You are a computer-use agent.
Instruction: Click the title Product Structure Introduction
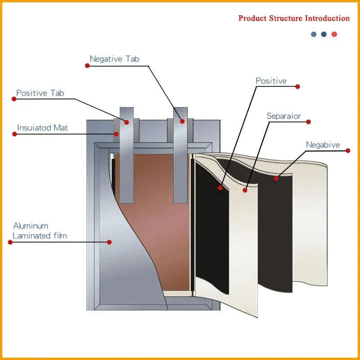(294, 18)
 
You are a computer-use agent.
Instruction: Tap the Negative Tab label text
(114, 59)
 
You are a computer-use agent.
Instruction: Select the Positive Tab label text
(40, 93)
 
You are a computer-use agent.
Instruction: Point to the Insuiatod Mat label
(42, 128)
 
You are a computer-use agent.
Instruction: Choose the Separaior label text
(283, 116)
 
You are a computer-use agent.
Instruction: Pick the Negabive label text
(323, 145)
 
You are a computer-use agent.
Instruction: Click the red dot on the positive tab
(126, 122)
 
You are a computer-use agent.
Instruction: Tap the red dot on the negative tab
(182, 121)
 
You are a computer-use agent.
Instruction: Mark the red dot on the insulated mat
(116, 134)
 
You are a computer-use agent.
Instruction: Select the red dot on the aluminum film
(109, 242)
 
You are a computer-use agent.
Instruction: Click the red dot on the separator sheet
(245, 190)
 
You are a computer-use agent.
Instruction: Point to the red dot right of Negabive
(347, 151)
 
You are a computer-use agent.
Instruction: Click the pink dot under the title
(334, 34)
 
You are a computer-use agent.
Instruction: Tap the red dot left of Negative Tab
(87, 66)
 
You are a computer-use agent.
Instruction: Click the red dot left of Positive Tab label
(13, 99)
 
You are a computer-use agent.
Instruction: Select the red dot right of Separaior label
(308, 122)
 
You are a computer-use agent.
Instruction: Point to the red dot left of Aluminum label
(10, 242)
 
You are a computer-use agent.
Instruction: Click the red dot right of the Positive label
(297, 86)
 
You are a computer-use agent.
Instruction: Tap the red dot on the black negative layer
(276, 179)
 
